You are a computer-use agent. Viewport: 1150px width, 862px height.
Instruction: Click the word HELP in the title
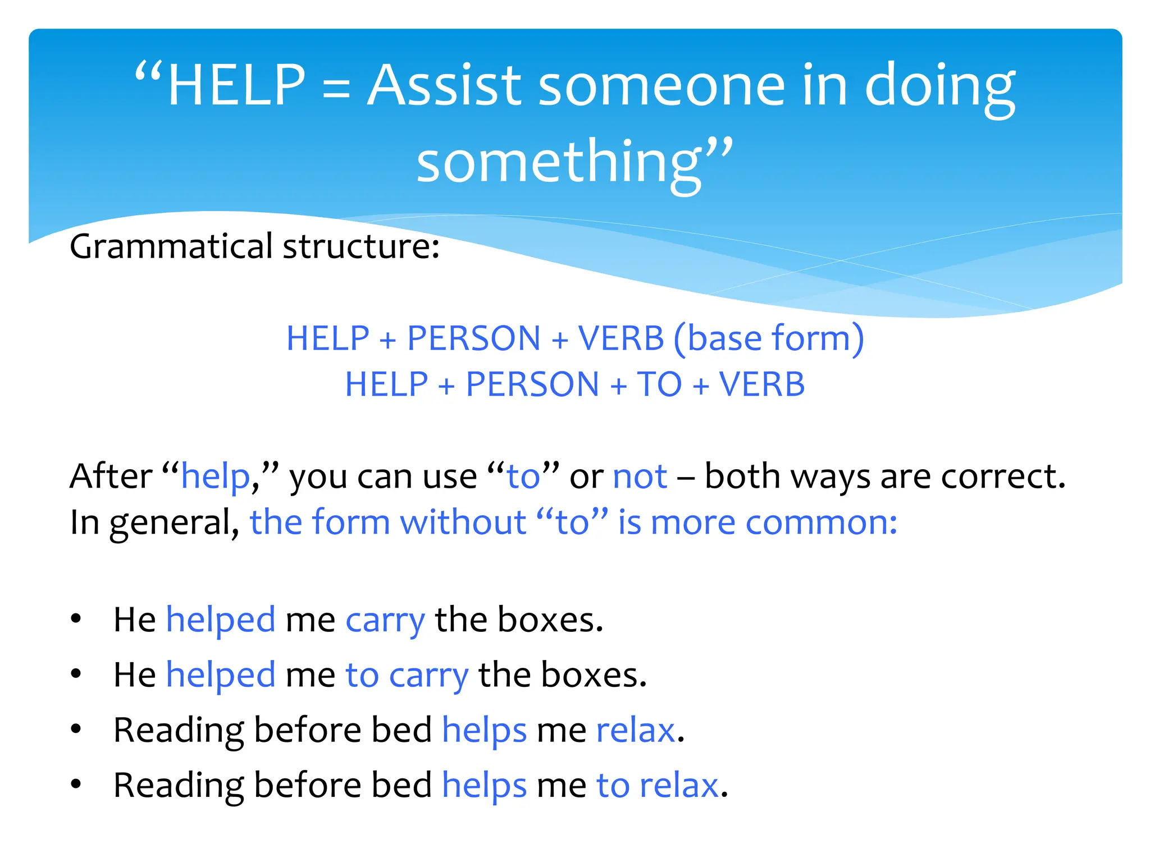[x=236, y=85]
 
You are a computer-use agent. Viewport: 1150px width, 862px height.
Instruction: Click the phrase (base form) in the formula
[x=768, y=338]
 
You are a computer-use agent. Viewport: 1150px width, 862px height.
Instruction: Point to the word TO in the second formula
[x=659, y=385]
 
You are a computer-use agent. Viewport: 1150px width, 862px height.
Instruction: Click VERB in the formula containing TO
[x=762, y=385]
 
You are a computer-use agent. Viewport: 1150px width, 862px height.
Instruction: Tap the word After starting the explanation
[x=111, y=476]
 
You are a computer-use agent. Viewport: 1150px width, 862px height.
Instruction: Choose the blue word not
[x=640, y=476]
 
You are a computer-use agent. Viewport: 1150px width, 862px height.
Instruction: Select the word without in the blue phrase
[x=463, y=522]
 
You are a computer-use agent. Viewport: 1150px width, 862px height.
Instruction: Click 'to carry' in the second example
[x=407, y=675]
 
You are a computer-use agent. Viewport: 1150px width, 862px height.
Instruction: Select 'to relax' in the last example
[x=657, y=785]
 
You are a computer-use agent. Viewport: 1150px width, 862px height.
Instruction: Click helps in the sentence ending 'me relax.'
[x=484, y=730]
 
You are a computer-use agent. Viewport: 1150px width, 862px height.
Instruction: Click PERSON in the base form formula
[x=473, y=338]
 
